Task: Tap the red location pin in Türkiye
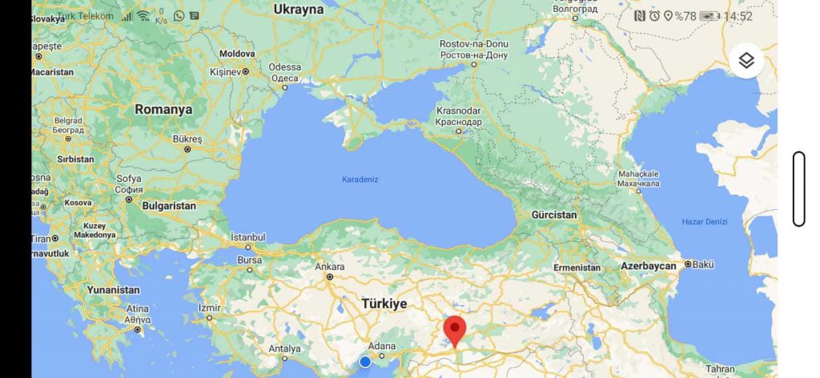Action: pos(455,329)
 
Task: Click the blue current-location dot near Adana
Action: pos(365,362)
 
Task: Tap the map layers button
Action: pos(746,61)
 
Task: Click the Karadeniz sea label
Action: pos(360,179)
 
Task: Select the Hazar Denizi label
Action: pos(704,221)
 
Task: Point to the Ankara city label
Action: pos(330,267)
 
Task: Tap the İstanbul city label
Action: pos(247,237)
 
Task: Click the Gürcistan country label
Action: pos(554,215)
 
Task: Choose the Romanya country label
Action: pos(163,109)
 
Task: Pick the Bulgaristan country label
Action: pos(169,206)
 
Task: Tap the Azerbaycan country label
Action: pos(649,265)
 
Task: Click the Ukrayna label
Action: pos(298,10)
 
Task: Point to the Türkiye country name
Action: pos(384,304)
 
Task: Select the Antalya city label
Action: pos(284,349)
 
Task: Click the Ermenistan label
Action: pos(577,267)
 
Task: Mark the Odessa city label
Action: pos(285,66)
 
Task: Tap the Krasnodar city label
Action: pos(459,111)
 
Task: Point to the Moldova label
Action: pos(237,54)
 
